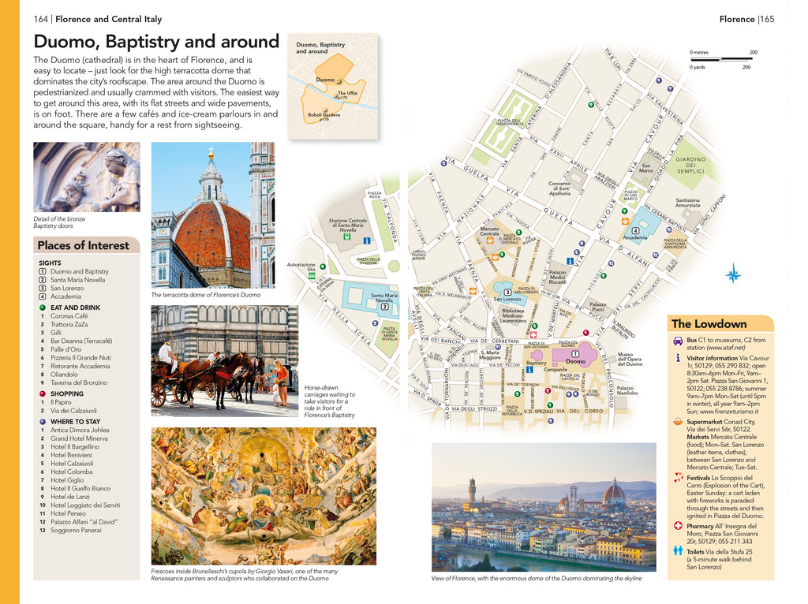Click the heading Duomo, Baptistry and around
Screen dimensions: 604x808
pyautogui.click(x=156, y=41)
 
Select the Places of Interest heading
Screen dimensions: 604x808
pyautogui.click(x=83, y=245)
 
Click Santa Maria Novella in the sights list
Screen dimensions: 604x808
pyautogui.click(x=77, y=280)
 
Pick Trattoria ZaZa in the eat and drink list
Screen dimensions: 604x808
pyautogui.click(x=69, y=325)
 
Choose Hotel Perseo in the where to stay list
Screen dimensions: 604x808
pyautogui.click(x=68, y=513)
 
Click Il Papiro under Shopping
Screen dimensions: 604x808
pyautogui.click(x=62, y=402)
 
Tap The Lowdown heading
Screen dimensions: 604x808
pyautogui.click(x=709, y=324)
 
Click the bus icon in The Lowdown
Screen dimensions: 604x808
pyautogui.click(x=679, y=341)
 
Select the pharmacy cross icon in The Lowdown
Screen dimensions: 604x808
pyautogui.click(x=679, y=526)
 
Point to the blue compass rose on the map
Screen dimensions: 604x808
pyautogui.click(x=733, y=274)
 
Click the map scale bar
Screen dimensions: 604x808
pyautogui.click(x=723, y=59)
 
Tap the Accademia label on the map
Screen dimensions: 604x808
pyautogui.click(x=634, y=237)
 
